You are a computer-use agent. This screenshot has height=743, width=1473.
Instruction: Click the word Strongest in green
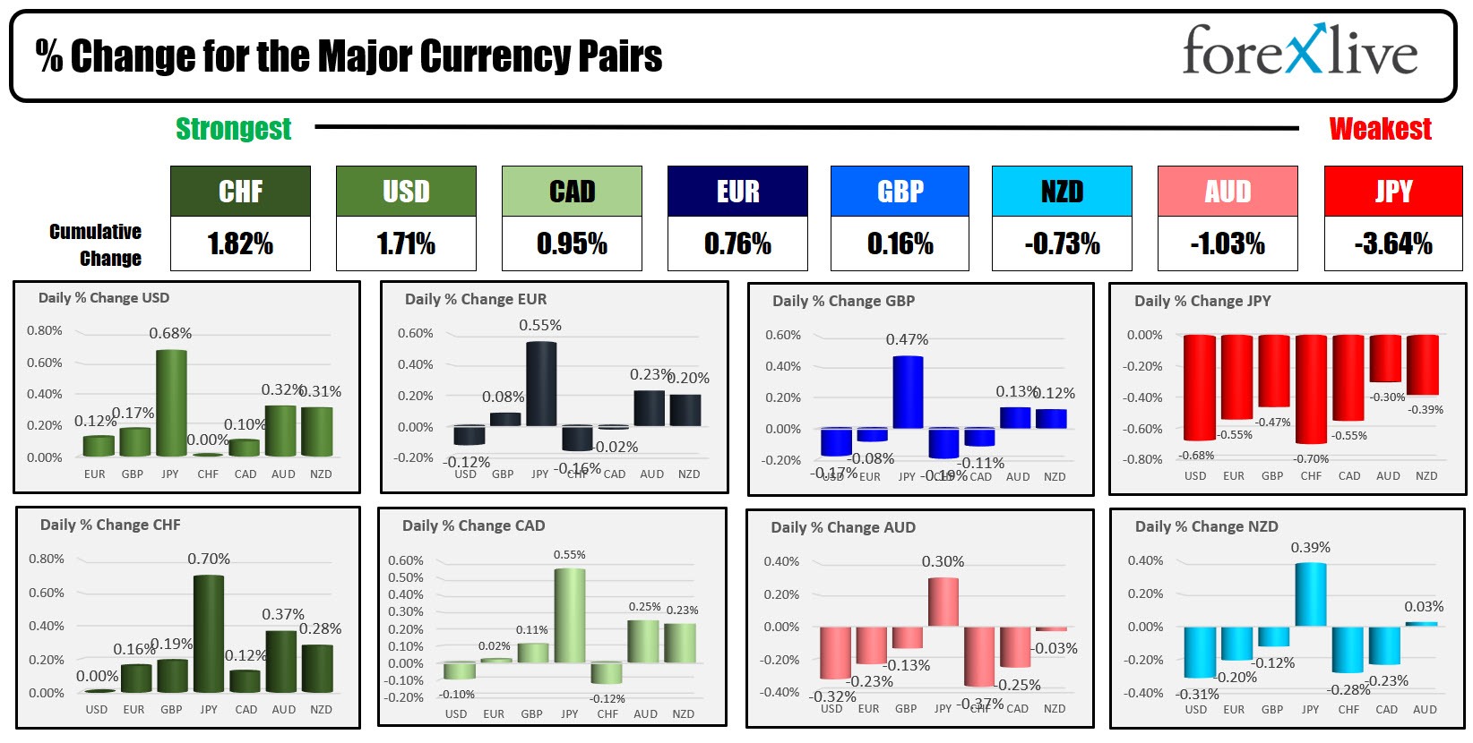point(233,129)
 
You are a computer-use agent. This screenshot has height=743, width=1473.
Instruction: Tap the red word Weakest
point(1380,129)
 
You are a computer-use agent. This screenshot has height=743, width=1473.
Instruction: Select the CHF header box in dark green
point(240,191)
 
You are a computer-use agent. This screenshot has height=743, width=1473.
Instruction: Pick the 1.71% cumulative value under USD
point(406,243)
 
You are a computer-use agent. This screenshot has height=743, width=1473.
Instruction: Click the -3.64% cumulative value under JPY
point(1393,243)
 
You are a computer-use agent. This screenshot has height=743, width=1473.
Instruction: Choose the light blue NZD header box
point(1062,191)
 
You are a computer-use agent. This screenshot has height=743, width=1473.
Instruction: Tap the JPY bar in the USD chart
point(171,403)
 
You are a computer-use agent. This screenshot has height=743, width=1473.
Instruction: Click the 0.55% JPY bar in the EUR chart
point(540,383)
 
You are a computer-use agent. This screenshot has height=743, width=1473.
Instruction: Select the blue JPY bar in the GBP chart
point(908,392)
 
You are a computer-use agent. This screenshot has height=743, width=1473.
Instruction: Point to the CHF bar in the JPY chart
point(1311,389)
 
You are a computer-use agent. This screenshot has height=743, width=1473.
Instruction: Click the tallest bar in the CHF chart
point(209,633)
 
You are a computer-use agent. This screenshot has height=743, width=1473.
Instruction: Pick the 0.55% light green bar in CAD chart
point(570,615)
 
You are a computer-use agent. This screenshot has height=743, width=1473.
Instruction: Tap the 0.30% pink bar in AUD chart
point(943,602)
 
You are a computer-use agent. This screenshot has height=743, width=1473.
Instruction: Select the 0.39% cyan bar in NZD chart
point(1311,594)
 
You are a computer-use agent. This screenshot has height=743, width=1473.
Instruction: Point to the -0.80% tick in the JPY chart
point(1143,459)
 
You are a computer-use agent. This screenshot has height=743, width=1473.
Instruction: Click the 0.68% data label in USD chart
point(170,333)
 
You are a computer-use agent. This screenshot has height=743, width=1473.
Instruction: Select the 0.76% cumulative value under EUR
point(737,243)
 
